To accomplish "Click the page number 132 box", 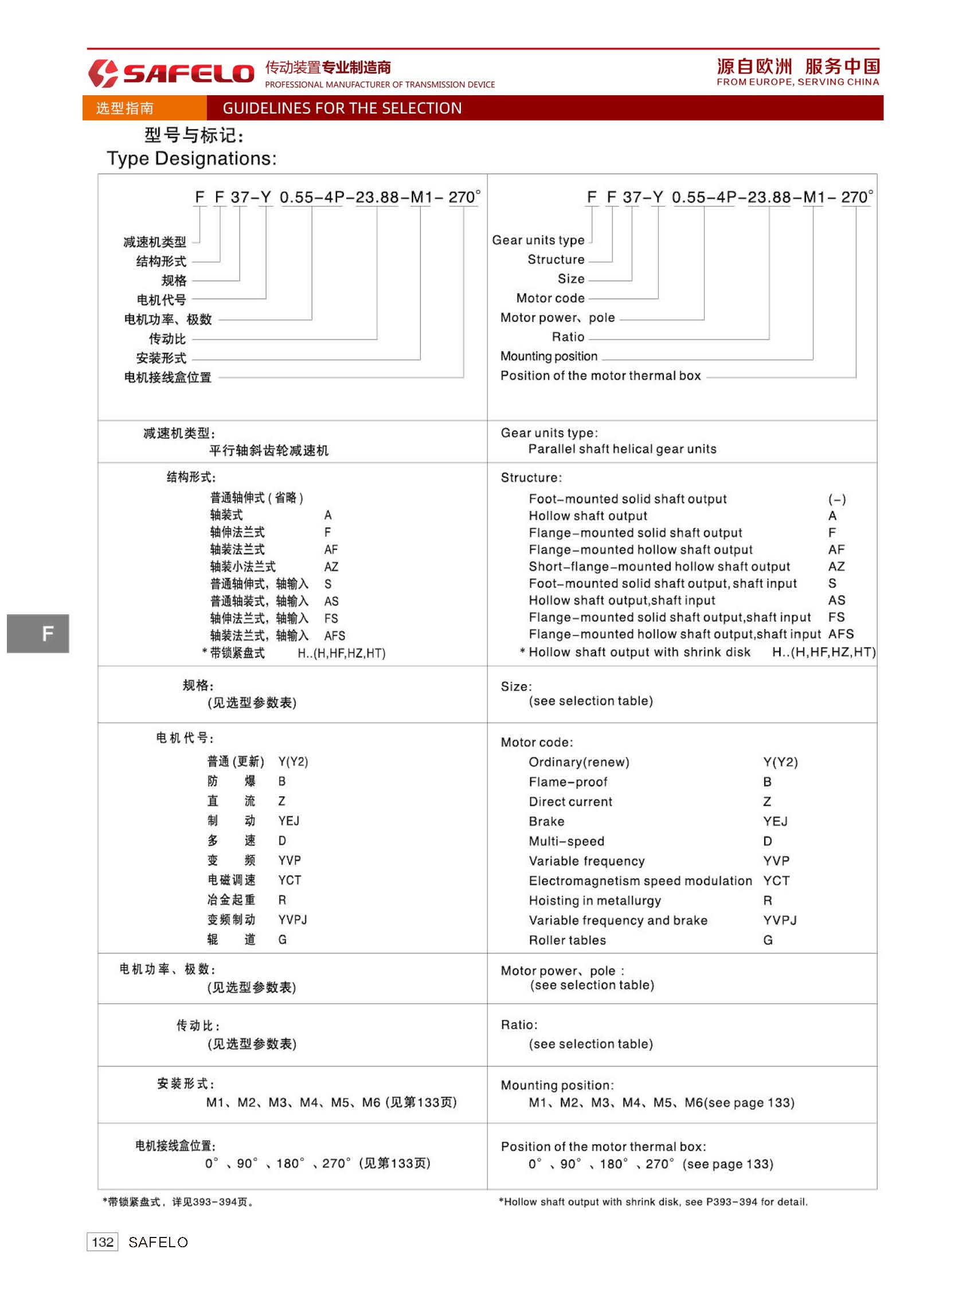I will tap(103, 1242).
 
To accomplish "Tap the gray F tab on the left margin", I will tap(38, 633).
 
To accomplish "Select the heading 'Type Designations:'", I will tap(191, 158).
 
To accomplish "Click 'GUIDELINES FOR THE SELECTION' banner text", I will tap(342, 108).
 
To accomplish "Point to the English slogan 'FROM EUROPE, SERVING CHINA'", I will tap(797, 82).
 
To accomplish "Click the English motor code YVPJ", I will tap(780, 920).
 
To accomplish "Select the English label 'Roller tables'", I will tap(567, 940).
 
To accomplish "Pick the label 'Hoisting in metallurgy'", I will tap(595, 900).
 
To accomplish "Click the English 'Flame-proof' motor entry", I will tap(568, 782).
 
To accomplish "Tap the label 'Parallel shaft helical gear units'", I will tap(622, 449).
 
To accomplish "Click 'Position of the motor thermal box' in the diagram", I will tap(600, 376).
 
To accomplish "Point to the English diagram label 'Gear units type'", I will tap(538, 240).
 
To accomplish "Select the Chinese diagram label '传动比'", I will tap(167, 338).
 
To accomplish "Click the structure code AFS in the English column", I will tap(841, 634).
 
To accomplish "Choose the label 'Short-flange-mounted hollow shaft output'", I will tap(659, 566).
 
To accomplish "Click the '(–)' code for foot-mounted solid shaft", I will tap(837, 499).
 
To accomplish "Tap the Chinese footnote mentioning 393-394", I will tap(178, 1201).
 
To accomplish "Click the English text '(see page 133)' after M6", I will tap(749, 1103).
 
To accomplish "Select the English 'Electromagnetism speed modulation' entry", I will tap(640, 881).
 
